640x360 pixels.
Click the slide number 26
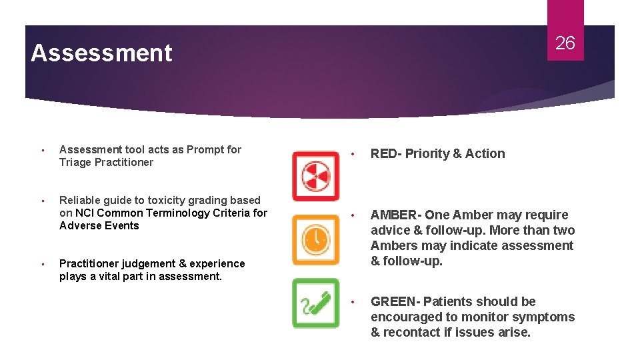(x=565, y=44)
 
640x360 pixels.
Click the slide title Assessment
(x=101, y=53)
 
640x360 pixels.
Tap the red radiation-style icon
(x=315, y=175)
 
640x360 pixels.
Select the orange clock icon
(x=315, y=239)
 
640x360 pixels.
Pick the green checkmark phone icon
(x=315, y=303)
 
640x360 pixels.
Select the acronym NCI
(x=85, y=213)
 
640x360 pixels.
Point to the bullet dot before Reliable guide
(x=41, y=201)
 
